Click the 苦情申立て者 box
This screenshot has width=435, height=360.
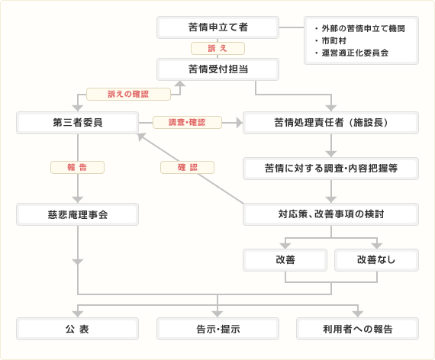(217, 27)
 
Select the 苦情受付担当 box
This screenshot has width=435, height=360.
(217, 69)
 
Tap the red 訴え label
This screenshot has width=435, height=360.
(217, 49)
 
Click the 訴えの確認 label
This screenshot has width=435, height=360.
(128, 94)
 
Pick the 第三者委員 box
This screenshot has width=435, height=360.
(77, 123)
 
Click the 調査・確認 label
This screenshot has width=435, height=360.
(187, 122)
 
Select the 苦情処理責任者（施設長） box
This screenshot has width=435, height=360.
(330, 123)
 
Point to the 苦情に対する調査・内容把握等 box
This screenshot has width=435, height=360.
(330, 169)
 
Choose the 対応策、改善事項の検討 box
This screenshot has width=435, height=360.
(330, 214)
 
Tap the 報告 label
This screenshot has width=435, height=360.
(77, 167)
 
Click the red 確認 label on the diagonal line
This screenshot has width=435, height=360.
(187, 167)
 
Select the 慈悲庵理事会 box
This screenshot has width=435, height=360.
(77, 214)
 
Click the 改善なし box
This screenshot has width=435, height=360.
(376, 260)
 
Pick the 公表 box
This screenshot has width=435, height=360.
(77, 329)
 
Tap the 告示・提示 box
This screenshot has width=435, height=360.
(217, 329)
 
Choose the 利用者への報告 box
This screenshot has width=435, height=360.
(358, 329)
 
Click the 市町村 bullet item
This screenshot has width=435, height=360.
(330, 40)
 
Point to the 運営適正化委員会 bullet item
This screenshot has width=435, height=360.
(352, 53)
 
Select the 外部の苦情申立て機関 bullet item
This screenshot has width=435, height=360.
(359, 28)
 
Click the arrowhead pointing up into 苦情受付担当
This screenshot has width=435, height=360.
(180, 84)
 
